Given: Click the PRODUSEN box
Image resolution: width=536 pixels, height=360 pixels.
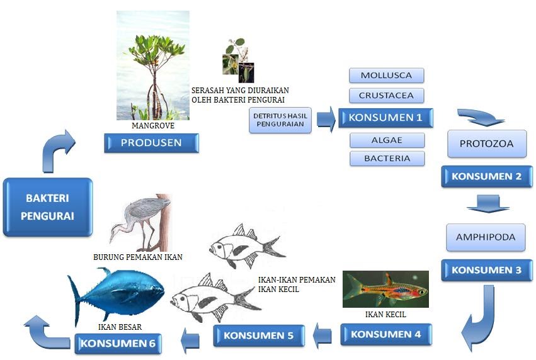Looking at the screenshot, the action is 151,143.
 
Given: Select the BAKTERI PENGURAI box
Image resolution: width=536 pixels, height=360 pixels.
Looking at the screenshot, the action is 48,207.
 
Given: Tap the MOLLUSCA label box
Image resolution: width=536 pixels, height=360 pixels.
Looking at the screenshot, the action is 386,76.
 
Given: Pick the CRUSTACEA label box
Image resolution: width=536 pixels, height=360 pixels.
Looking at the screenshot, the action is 386,96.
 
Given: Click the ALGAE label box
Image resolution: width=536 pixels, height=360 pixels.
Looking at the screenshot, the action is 386,140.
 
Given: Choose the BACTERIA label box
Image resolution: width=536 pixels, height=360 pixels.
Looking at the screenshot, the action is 386,159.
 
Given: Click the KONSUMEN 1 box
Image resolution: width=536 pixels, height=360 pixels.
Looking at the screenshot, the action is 385,118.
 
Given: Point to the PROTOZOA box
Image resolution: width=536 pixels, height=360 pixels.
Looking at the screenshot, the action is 486,143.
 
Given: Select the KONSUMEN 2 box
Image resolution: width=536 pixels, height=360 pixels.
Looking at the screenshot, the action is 486,177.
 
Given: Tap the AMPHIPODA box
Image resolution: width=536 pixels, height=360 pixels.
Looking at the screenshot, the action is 486,237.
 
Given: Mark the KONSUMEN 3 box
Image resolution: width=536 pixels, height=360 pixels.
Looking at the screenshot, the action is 486,271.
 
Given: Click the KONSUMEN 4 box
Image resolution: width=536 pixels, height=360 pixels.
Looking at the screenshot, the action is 386,334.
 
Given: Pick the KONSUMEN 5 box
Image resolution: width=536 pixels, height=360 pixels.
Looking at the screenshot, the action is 259,335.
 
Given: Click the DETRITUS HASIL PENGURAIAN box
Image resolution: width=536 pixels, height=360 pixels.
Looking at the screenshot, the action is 280,120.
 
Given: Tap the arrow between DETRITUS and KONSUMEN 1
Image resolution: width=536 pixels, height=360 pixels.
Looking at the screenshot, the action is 326,119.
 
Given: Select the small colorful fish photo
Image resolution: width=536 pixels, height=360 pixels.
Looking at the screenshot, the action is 385,289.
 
